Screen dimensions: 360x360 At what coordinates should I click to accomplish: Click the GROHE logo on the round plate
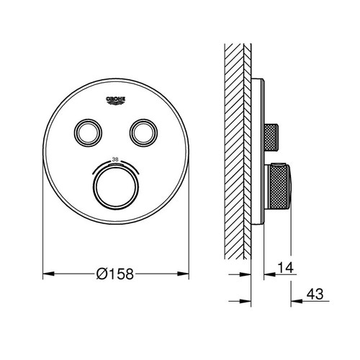coord(117,99)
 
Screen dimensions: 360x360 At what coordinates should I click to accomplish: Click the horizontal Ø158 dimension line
coord(72,274)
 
